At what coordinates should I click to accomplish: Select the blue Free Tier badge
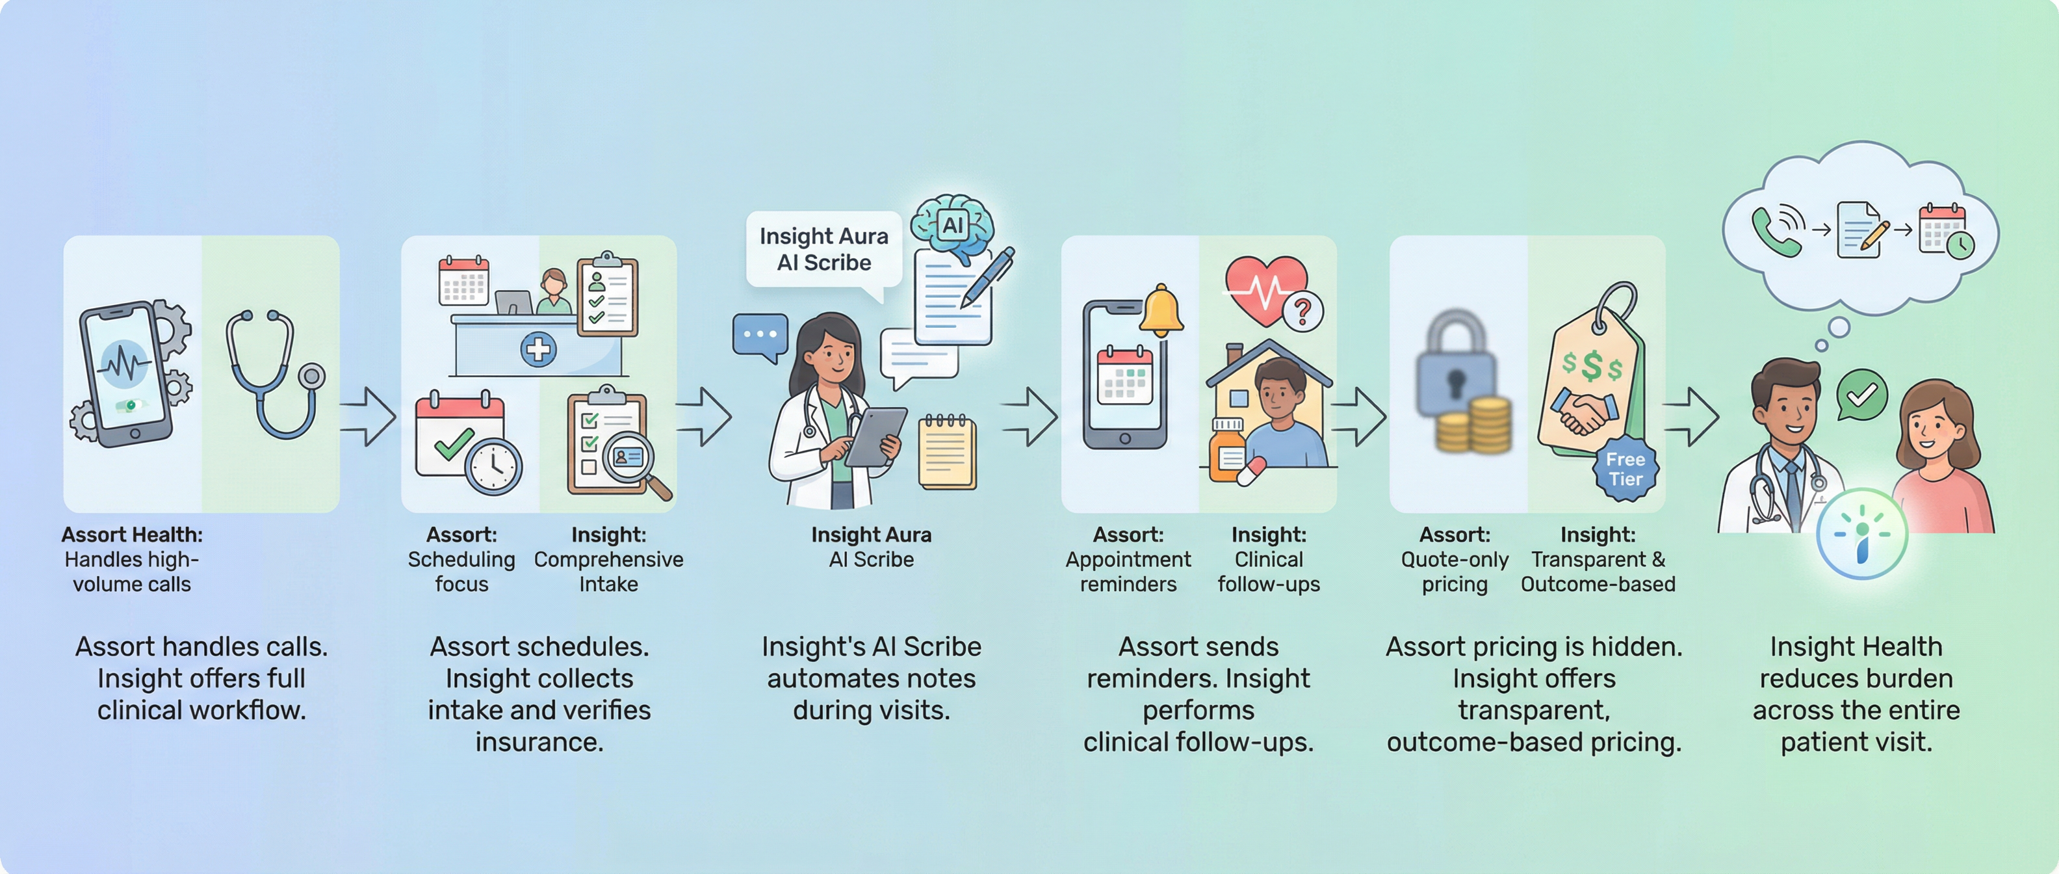(x=1625, y=469)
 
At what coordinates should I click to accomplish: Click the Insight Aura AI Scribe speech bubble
(x=824, y=250)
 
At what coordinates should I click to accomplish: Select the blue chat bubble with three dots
(x=759, y=335)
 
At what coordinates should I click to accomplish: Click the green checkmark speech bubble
(x=1861, y=394)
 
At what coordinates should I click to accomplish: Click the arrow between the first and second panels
(x=369, y=416)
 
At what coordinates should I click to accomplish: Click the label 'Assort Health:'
(x=132, y=534)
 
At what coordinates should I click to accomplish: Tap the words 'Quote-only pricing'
(x=1454, y=571)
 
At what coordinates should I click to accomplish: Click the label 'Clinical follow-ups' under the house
(x=1269, y=571)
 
